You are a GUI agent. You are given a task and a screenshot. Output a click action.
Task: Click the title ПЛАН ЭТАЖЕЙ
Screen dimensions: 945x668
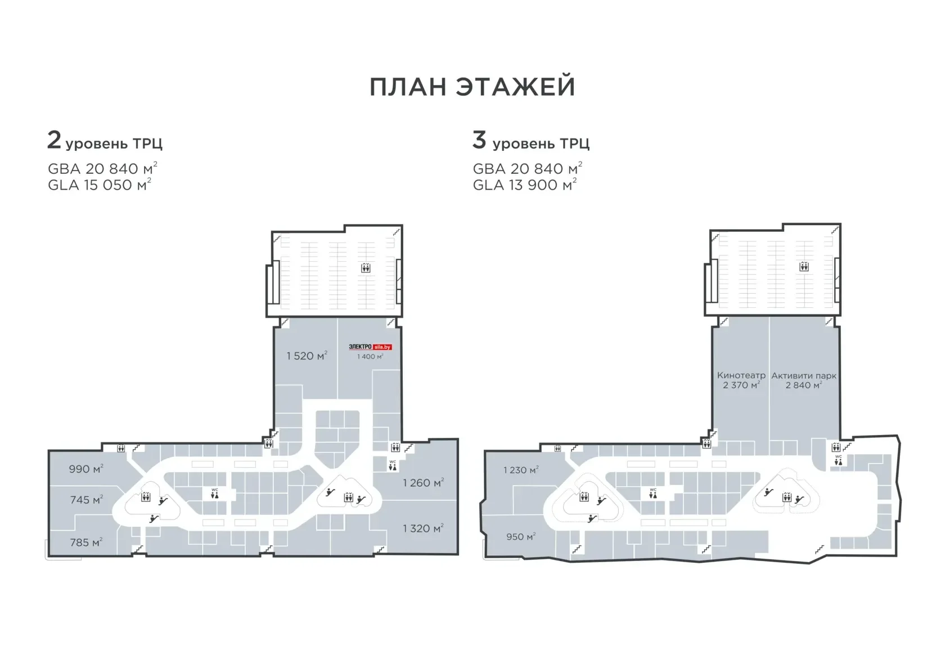[472, 87]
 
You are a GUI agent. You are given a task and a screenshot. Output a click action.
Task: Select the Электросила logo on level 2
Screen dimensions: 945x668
[370, 347]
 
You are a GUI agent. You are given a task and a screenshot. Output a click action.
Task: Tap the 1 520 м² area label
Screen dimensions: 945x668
[307, 356]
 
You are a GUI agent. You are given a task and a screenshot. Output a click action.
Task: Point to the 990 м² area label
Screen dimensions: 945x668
[86, 468]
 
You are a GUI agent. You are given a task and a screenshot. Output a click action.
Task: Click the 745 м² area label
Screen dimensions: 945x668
[87, 500]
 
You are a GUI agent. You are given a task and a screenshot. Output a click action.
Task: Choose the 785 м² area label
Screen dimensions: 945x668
[86, 543]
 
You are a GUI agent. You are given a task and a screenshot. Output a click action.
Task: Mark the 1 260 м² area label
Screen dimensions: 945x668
[423, 483]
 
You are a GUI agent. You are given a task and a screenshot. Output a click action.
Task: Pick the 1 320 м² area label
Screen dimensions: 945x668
[423, 528]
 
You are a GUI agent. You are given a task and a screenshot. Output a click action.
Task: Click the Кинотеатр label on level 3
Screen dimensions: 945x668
[741, 375]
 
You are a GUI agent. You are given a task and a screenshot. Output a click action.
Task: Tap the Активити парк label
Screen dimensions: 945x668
[804, 375]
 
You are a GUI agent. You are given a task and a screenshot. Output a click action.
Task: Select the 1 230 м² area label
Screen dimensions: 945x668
[521, 470]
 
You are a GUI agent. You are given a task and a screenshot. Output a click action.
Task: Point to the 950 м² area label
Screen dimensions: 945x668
[521, 536]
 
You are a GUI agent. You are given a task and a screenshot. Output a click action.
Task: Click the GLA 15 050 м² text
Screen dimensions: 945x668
[100, 185]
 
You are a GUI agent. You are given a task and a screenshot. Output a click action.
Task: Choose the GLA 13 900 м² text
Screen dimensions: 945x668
[524, 185]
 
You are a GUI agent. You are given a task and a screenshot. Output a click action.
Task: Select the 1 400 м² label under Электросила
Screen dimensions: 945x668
[370, 357]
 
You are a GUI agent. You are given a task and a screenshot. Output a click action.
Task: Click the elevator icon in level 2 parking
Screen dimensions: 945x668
[366, 267]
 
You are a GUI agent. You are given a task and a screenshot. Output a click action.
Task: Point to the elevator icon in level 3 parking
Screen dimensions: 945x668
[804, 266]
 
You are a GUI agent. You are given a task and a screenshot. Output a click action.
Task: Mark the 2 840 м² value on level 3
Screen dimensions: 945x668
[804, 385]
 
